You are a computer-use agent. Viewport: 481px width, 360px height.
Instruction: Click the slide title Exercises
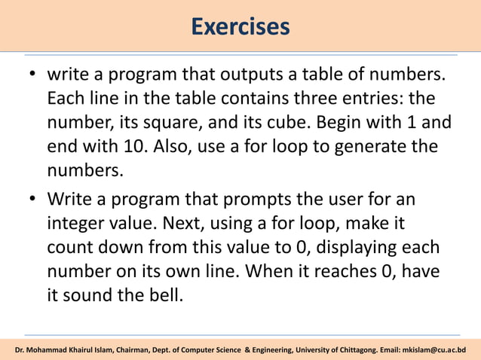pyautogui.click(x=240, y=27)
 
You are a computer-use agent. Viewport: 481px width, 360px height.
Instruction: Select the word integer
pyautogui.click(x=77, y=223)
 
